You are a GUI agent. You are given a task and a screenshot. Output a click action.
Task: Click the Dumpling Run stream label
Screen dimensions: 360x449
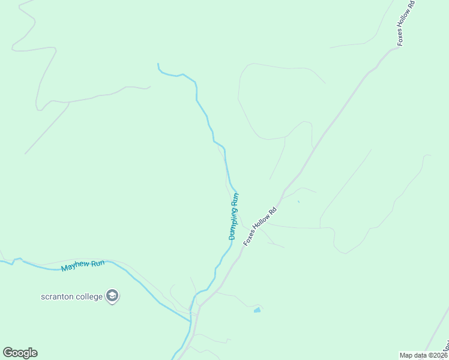(x=234, y=216)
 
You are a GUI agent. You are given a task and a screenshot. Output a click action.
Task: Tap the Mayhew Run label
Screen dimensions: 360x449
(x=83, y=265)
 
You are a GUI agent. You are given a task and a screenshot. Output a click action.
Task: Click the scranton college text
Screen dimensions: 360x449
(x=71, y=296)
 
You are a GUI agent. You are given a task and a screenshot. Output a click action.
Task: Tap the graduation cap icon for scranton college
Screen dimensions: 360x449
(x=112, y=296)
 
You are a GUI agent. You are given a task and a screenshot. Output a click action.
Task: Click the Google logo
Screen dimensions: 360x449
(x=20, y=353)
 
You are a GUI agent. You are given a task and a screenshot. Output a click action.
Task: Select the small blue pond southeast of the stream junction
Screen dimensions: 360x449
(x=257, y=310)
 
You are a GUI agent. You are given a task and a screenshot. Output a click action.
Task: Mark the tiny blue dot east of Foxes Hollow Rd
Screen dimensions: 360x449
(x=298, y=202)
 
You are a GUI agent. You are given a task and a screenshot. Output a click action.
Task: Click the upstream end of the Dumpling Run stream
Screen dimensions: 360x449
(x=158, y=64)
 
